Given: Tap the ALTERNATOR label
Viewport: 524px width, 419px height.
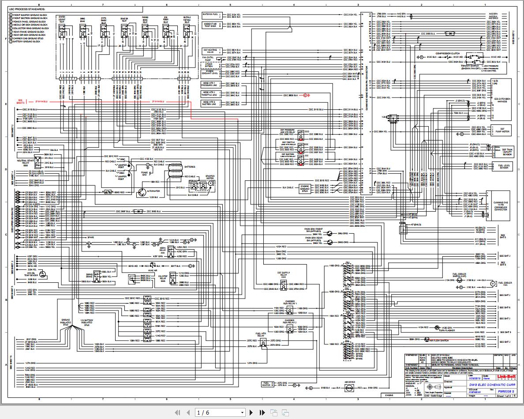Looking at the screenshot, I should pyautogui.click(x=153, y=191).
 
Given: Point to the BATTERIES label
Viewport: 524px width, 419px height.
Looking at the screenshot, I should pyautogui.click(x=190, y=167).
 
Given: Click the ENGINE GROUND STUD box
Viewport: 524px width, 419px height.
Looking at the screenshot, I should pyautogui.click(x=305, y=188).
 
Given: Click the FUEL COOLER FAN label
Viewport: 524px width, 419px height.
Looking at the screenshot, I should pyautogui.click(x=505, y=284).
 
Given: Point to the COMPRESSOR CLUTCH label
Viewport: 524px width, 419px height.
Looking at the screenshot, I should pyautogui.click(x=448, y=53).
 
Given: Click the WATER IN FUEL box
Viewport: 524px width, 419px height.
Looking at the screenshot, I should pyautogui.click(x=211, y=14).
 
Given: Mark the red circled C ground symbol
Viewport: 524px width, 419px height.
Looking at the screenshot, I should pyautogui.click(x=304, y=95).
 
